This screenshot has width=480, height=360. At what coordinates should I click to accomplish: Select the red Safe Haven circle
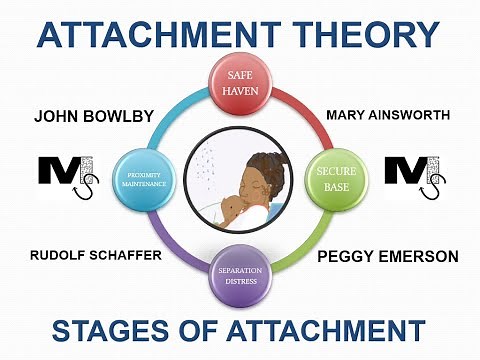(x=239, y=84)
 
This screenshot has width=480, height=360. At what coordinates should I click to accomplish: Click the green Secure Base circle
(x=333, y=178)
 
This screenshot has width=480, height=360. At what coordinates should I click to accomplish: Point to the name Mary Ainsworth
(x=388, y=115)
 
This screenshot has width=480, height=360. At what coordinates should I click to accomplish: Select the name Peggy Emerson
(x=388, y=257)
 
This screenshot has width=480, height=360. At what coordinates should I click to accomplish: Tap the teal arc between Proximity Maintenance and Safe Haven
(x=174, y=110)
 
